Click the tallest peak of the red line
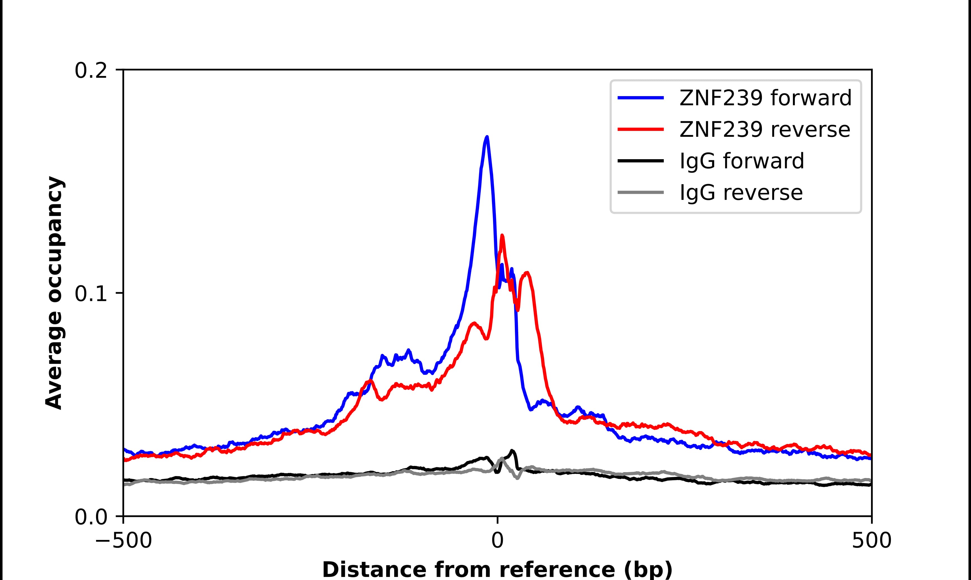coord(502,236)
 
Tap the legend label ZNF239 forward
coord(765,98)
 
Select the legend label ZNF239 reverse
coord(764,129)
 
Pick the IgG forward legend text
coord(742,161)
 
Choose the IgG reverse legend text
coord(741,193)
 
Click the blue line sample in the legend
coord(641,98)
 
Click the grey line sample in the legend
coord(641,192)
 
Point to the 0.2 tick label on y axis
coord(91,71)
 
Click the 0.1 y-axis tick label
coord(91,294)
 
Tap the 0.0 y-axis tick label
coord(91,517)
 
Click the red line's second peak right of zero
coord(527,273)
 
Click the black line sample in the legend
coord(641,161)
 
